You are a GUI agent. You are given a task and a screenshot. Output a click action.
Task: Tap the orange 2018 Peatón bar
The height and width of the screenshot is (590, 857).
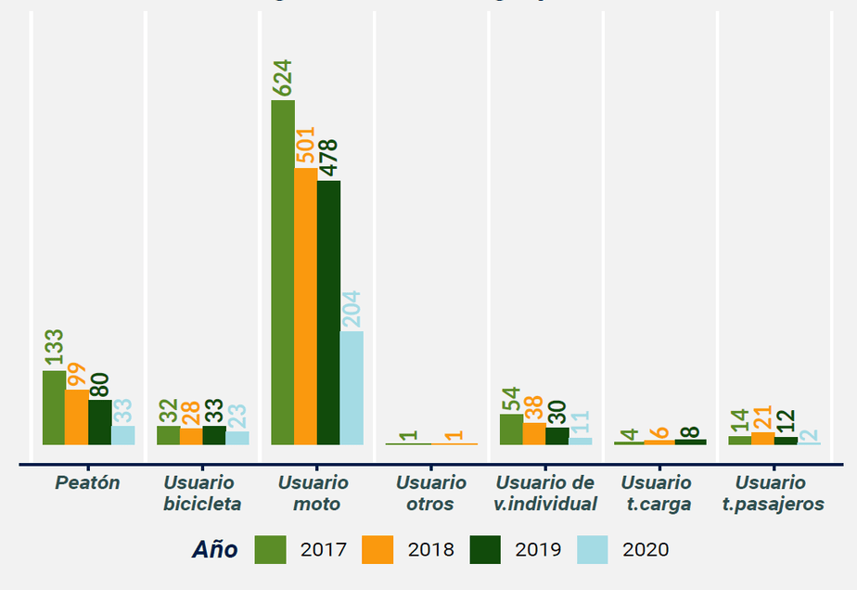click(x=76, y=417)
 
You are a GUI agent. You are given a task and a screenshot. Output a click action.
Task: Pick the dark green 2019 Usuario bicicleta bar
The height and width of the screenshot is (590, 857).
click(x=214, y=435)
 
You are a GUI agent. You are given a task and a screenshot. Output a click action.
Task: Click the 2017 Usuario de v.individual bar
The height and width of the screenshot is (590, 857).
click(x=511, y=430)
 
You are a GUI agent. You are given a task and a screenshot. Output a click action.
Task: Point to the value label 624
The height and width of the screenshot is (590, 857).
click(x=283, y=78)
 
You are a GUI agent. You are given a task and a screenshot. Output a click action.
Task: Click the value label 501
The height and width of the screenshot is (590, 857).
click(x=306, y=147)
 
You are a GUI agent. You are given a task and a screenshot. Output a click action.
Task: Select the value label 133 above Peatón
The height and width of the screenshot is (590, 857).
click(x=54, y=349)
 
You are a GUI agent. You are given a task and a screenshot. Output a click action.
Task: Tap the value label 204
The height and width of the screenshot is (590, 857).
click(x=352, y=310)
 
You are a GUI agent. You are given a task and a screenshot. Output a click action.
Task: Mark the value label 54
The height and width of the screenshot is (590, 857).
click(x=511, y=396)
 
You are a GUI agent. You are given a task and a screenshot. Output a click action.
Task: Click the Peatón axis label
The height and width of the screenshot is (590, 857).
click(x=87, y=483)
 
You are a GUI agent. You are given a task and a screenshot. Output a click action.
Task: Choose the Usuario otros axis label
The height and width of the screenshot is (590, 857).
click(x=431, y=494)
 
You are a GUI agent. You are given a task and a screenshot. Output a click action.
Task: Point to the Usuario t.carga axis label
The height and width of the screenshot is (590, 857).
click(x=657, y=494)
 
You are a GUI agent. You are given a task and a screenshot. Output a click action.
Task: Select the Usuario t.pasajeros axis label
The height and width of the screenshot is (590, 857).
click(x=771, y=494)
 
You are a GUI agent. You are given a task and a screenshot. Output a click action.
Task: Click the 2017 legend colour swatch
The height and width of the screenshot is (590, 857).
click(x=271, y=549)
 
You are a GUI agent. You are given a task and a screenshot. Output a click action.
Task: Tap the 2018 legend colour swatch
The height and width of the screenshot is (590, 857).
click(x=378, y=549)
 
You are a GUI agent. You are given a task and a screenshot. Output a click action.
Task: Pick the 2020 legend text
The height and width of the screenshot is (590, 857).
click(x=646, y=549)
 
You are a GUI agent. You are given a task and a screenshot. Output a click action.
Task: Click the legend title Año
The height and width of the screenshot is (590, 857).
click(x=215, y=549)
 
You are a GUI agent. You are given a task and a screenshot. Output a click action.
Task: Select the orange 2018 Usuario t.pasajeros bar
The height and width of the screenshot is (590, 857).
click(x=762, y=438)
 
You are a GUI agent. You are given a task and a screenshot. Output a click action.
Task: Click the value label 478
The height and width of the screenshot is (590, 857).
click(x=328, y=159)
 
